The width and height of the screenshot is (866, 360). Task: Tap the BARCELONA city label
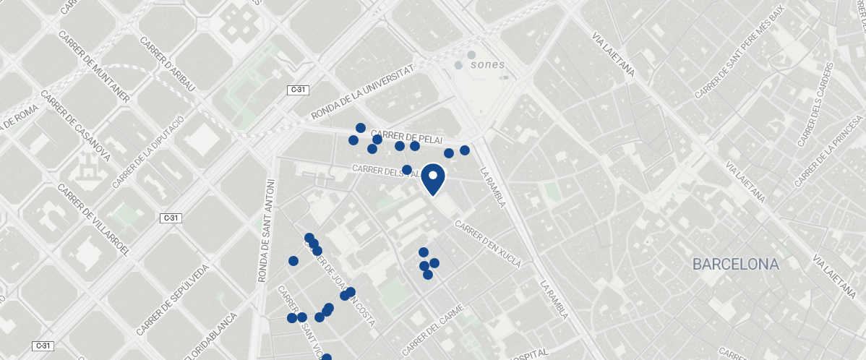735,265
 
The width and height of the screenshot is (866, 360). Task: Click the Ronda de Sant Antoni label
267,231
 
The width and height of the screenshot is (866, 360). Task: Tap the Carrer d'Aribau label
168,64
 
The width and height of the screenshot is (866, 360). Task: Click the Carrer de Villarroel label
93,220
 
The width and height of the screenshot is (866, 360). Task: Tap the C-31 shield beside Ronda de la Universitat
297,90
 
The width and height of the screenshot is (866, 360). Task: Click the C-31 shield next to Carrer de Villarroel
171,218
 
